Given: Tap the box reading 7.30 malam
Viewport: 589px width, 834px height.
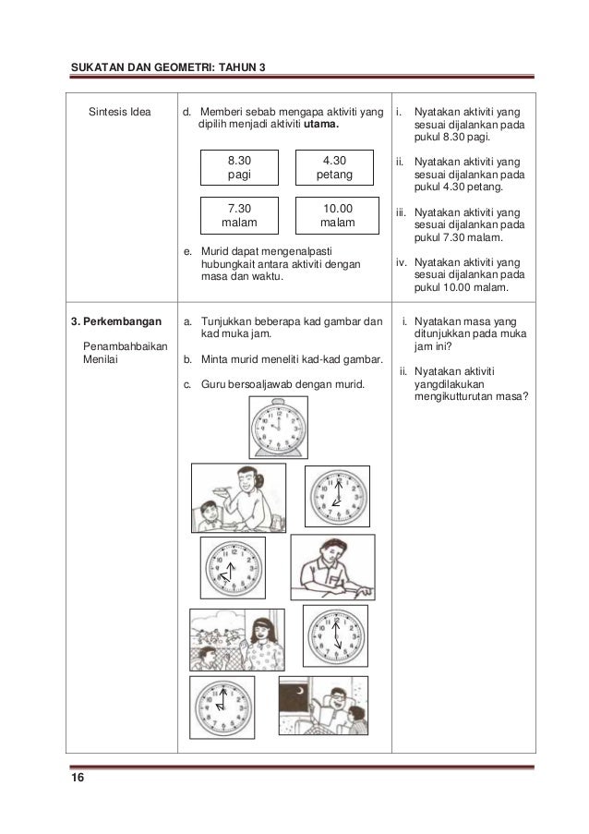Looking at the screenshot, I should (238, 216).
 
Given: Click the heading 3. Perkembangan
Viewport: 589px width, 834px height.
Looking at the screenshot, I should (114, 322).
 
